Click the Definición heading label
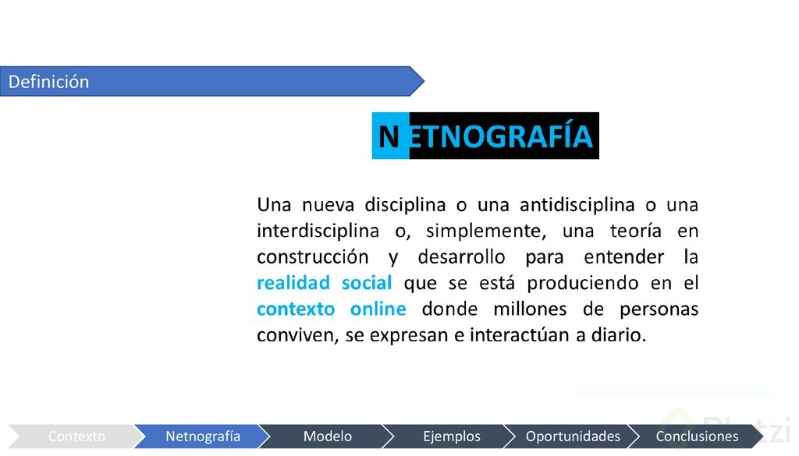tap(48, 81)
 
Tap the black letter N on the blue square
tap(389, 137)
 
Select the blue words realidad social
tap(324, 282)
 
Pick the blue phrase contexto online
tap(331, 309)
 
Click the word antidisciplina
tap(577, 205)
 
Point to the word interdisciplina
tap(318, 231)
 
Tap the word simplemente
tap(486, 232)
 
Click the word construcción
tap(312, 256)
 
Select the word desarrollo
tap(461, 256)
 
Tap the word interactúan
tap(520, 334)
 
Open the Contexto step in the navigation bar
tap(76, 437)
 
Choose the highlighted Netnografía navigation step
tap(203, 437)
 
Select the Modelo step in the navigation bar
tap(327, 437)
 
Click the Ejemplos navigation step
tap(452, 437)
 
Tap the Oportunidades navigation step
tap(573, 437)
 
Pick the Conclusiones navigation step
tap(697, 437)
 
